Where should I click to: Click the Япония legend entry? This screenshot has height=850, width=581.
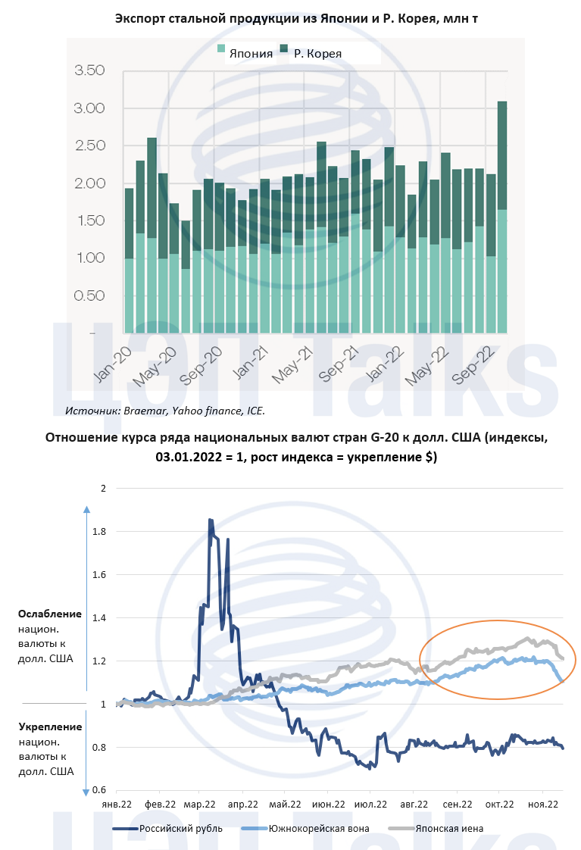(x=243, y=53)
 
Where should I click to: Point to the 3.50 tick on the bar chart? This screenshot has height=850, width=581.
(x=89, y=71)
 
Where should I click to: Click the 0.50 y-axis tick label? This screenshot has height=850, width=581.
(x=89, y=295)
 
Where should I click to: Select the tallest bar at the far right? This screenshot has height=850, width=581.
(x=501, y=216)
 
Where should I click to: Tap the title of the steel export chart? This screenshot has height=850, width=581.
(x=291, y=18)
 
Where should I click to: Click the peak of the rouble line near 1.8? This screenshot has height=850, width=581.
(x=210, y=521)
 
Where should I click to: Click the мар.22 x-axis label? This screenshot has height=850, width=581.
(x=202, y=804)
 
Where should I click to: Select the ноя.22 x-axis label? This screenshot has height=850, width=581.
(x=543, y=804)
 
